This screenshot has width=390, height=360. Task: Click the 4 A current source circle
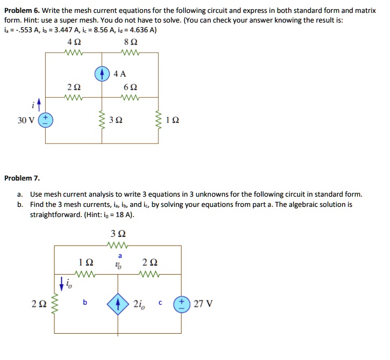103,74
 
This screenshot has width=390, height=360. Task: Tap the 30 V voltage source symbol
45,119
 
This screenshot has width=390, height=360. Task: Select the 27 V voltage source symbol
180,304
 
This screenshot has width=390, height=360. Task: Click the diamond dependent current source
118,304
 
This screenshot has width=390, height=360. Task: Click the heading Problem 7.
22,178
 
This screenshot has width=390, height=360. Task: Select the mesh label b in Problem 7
85,303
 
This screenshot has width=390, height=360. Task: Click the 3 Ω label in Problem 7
118,234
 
